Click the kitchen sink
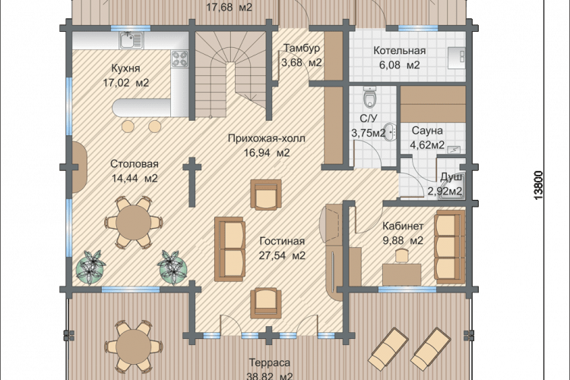[131, 40]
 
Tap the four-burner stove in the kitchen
[180, 59]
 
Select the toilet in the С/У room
[370, 97]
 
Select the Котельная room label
[400, 51]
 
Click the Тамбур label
[302, 48]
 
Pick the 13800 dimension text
[539, 185]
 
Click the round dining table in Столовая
[134, 222]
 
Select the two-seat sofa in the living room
[230, 249]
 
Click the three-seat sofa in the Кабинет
[450, 246]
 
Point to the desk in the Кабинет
[402, 274]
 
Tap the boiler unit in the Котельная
[456, 58]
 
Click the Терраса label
[269, 363]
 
